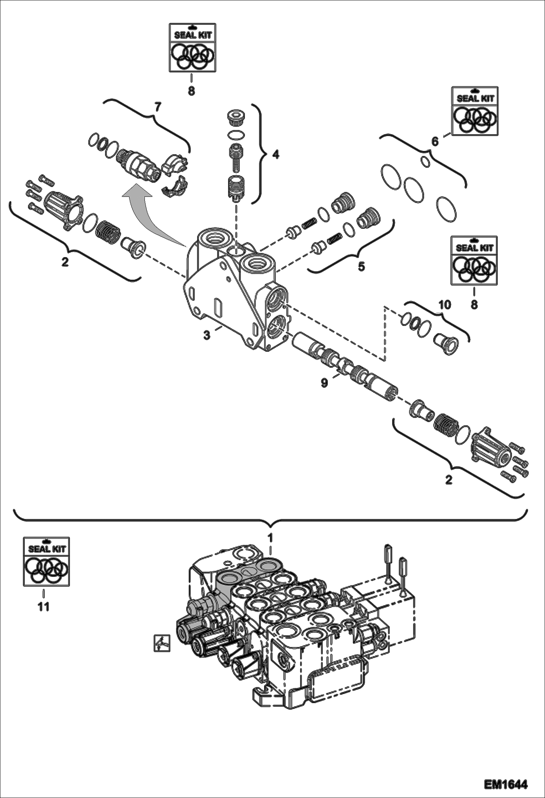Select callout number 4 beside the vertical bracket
click(x=276, y=155)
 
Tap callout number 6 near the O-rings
click(x=435, y=141)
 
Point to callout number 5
click(x=361, y=266)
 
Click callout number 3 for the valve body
click(x=207, y=335)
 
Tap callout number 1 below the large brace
click(x=270, y=537)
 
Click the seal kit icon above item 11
click(x=46, y=562)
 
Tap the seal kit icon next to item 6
click(x=475, y=111)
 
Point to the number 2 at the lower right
click(x=449, y=480)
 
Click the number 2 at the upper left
click(x=65, y=262)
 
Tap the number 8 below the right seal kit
click(x=474, y=304)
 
